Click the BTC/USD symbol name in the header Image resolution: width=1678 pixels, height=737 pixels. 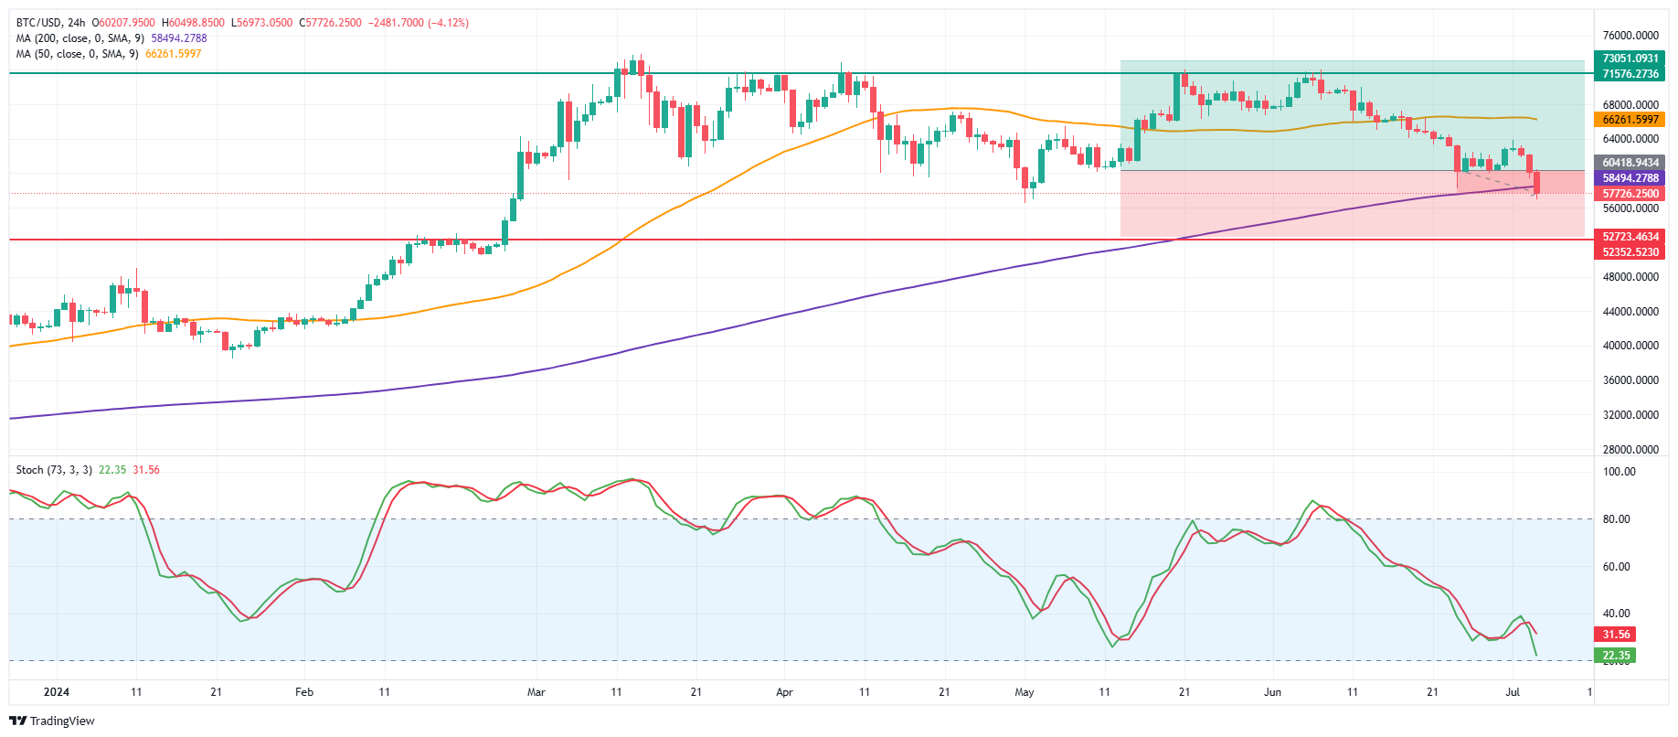coord(37,23)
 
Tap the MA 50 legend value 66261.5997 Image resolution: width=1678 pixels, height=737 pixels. coord(174,54)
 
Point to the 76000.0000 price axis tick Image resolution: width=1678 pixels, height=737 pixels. coord(1630,36)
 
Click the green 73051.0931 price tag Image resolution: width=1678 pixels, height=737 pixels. coord(1630,59)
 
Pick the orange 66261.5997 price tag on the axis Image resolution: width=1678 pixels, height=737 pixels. coord(1630,120)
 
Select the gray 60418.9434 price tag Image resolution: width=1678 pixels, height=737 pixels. coord(1630,163)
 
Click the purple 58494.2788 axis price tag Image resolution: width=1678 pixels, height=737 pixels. coord(1630,178)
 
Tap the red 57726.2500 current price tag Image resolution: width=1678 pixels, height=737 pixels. coord(1630,194)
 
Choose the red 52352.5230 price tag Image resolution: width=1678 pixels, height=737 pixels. coord(1630,252)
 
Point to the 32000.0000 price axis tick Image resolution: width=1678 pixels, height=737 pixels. coord(1630,415)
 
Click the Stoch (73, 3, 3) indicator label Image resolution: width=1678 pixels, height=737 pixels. coord(54,470)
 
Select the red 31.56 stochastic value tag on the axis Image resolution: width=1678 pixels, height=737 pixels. coord(1616,635)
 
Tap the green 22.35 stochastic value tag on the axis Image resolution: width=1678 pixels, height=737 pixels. coord(1616,656)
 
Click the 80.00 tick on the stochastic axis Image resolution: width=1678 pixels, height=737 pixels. coord(1617,519)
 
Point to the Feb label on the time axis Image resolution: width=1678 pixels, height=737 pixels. coord(304,692)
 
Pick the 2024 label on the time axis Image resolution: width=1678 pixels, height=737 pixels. coord(57,692)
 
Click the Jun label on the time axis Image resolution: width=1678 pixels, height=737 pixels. coord(1272,692)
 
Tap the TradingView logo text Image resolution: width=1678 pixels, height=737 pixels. coord(61,721)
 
